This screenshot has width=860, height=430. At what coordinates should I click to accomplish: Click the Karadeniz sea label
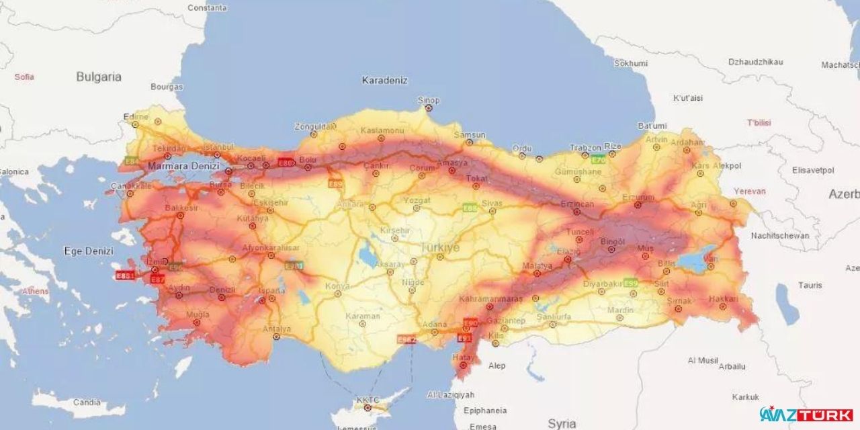point(385,80)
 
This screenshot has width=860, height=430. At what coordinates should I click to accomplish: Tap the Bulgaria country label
point(99,77)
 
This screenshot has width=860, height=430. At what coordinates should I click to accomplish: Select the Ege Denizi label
point(89,251)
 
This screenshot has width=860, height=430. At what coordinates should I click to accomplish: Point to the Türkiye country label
point(440,248)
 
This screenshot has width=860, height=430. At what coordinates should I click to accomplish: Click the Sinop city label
point(429,100)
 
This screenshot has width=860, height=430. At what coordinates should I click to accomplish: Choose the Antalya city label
point(277,329)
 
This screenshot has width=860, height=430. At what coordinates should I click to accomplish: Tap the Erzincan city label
point(576,204)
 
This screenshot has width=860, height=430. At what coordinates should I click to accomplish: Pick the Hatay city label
point(462,358)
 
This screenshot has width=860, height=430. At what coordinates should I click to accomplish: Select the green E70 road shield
point(597,159)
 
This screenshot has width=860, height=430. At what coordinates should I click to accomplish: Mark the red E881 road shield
point(126,275)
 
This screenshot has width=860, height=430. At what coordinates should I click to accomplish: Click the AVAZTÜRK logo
point(806,415)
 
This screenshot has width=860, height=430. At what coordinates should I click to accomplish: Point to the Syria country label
point(562,423)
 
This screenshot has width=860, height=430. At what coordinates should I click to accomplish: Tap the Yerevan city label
point(749,191)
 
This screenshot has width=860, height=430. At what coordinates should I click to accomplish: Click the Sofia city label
point(24,77)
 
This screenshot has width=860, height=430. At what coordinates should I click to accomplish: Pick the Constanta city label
point(207,8)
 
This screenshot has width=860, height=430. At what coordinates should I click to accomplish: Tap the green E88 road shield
point(470,207)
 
